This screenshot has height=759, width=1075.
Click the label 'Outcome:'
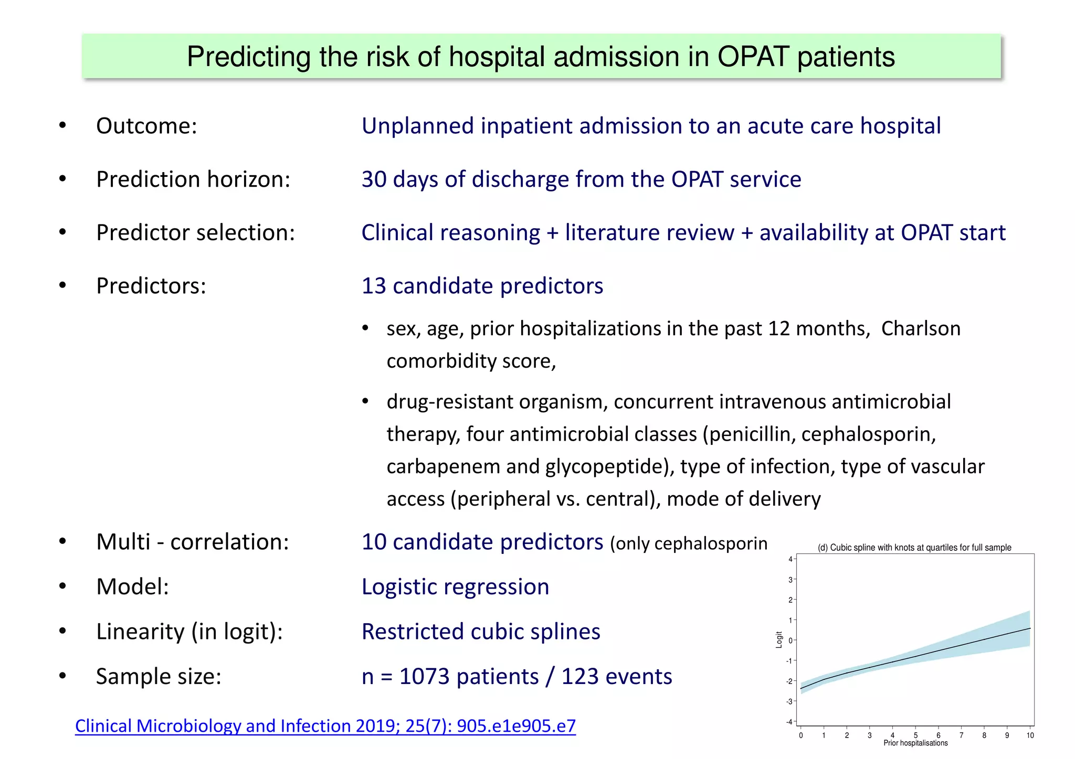coord(146,126)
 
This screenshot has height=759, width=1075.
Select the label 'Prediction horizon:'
coord(193,179)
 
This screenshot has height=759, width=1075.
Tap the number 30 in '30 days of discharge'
coord(374,179)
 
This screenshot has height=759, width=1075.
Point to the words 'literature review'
coord(649,232)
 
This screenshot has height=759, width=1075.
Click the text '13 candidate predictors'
coord(482,286)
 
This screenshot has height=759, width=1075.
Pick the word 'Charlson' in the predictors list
coord(920,328)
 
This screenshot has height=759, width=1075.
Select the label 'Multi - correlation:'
coord(192,542)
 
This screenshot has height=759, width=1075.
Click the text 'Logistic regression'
coord(455,586)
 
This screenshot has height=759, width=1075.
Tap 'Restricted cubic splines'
coord(480,632)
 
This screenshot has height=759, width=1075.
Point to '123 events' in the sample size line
coord(616,677)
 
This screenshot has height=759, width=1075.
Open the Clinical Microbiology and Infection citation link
coord(325,726)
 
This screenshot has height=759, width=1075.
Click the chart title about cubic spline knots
coord(914,548)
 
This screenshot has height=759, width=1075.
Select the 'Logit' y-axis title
coord(779,639)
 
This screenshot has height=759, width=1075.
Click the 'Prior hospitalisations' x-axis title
coord(915,743)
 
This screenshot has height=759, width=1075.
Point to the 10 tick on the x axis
coord(1030,735)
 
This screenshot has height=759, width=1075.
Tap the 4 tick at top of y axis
coord(791,559)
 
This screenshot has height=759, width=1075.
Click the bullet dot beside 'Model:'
coord(62,586)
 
